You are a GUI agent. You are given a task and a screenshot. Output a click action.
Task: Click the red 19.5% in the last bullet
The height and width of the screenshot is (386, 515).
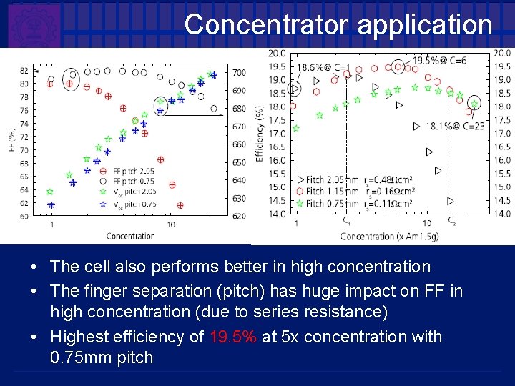pos(233,337)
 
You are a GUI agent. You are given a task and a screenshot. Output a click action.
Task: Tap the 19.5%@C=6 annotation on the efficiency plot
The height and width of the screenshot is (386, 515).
pos(438,61)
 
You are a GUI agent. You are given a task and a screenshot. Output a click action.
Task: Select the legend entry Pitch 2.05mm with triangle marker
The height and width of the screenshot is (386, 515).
pos(336,179)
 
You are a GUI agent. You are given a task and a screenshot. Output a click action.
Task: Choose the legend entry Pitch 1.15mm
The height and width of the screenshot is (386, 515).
pos(336,192)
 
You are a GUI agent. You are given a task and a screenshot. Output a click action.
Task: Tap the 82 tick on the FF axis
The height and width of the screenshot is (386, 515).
pos(25,70)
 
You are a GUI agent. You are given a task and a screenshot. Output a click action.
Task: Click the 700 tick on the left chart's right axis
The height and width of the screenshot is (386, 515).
pos(239,73)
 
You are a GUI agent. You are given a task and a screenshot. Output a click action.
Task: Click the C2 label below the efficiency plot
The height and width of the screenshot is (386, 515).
pos(452,222)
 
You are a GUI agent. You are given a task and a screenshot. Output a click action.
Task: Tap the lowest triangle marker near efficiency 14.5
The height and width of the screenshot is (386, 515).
pos(451,201)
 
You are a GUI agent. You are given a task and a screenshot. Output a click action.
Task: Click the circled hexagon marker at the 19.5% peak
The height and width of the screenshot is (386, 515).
pos(398,66)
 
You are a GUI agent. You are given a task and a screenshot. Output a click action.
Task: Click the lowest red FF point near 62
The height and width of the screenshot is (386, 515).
pos(180,205)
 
